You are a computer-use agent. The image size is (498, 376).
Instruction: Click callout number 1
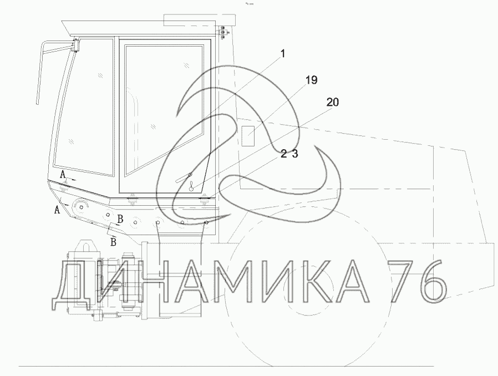tap(283, 54)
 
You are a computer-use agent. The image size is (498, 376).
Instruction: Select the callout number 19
tap(311, 80)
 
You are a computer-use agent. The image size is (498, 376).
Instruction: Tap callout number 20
tap(333, 102)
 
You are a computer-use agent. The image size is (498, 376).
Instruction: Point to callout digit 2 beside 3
tap(283, 154)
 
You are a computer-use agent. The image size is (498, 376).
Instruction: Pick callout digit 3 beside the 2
tap(295, 154)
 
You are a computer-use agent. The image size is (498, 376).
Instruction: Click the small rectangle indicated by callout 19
tap(248, 136)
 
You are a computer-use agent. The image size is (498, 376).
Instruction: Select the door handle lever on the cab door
tap(184, 178)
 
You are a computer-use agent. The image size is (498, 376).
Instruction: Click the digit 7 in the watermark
tap(402, 281)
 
